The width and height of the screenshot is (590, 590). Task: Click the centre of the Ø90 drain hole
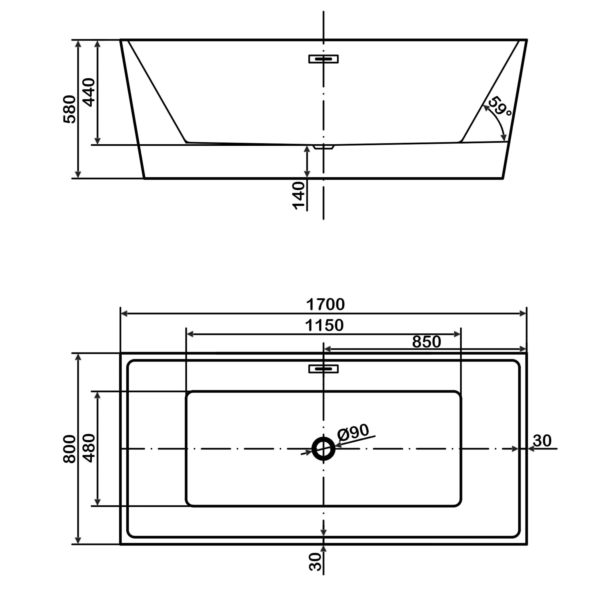point(323,449)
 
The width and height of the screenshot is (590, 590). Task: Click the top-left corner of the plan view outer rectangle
point(121,353)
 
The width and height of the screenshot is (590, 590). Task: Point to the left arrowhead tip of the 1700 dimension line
point(121,314)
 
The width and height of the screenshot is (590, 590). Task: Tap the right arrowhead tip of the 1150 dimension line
point(461,334)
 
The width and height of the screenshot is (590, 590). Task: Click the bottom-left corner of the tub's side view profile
point(144,178)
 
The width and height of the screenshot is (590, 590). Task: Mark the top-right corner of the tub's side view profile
point(527,40)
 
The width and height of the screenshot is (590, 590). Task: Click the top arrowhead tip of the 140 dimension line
point(307,146)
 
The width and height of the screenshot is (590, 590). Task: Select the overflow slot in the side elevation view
point(323,59)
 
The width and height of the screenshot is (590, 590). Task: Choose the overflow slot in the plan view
point(323,369)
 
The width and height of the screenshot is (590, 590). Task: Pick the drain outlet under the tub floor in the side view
point(324,147)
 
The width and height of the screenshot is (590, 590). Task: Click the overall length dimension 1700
point(325,304)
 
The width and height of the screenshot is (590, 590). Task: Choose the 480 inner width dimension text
point(89,448)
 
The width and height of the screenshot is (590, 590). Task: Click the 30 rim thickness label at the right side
point(542,441)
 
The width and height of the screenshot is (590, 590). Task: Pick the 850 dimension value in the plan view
point(427,342)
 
